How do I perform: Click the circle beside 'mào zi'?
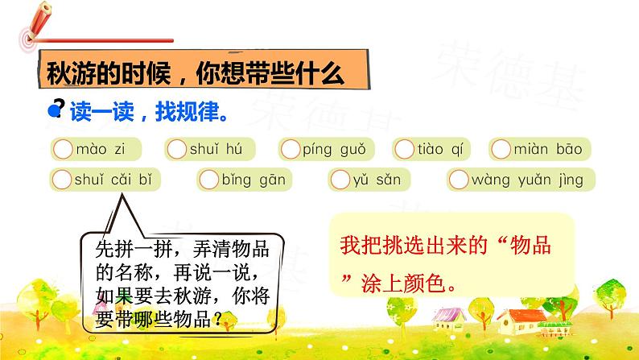pos(62,148)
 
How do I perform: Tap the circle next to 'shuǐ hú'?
pos(178,148)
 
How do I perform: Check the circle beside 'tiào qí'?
pos(406,148)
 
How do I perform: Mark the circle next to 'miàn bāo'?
pos(501,148)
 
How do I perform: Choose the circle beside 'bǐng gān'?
pos(209,179)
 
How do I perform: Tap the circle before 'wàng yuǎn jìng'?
pos(460,179)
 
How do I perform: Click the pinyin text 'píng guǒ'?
pos(334,149)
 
